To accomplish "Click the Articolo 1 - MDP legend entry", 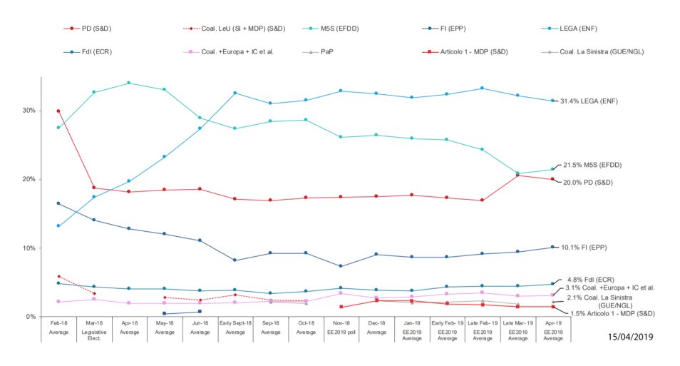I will click(471, 52).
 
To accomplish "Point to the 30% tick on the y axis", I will click(29, 111).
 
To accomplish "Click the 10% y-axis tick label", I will click(29, 248).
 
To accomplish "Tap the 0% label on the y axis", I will click(31, 317).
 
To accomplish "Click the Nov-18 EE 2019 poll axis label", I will click(341, 327).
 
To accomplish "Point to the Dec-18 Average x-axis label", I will click(376, 327).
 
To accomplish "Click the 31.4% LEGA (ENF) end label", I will click(589, 101).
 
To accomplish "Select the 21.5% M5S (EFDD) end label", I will click(592, 166).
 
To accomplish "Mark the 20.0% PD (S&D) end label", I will click(587, 183).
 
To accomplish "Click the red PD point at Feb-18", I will click(58, 111).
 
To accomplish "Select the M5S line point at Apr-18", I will click(129, 83).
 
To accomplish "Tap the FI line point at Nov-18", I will click(341, 266).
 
